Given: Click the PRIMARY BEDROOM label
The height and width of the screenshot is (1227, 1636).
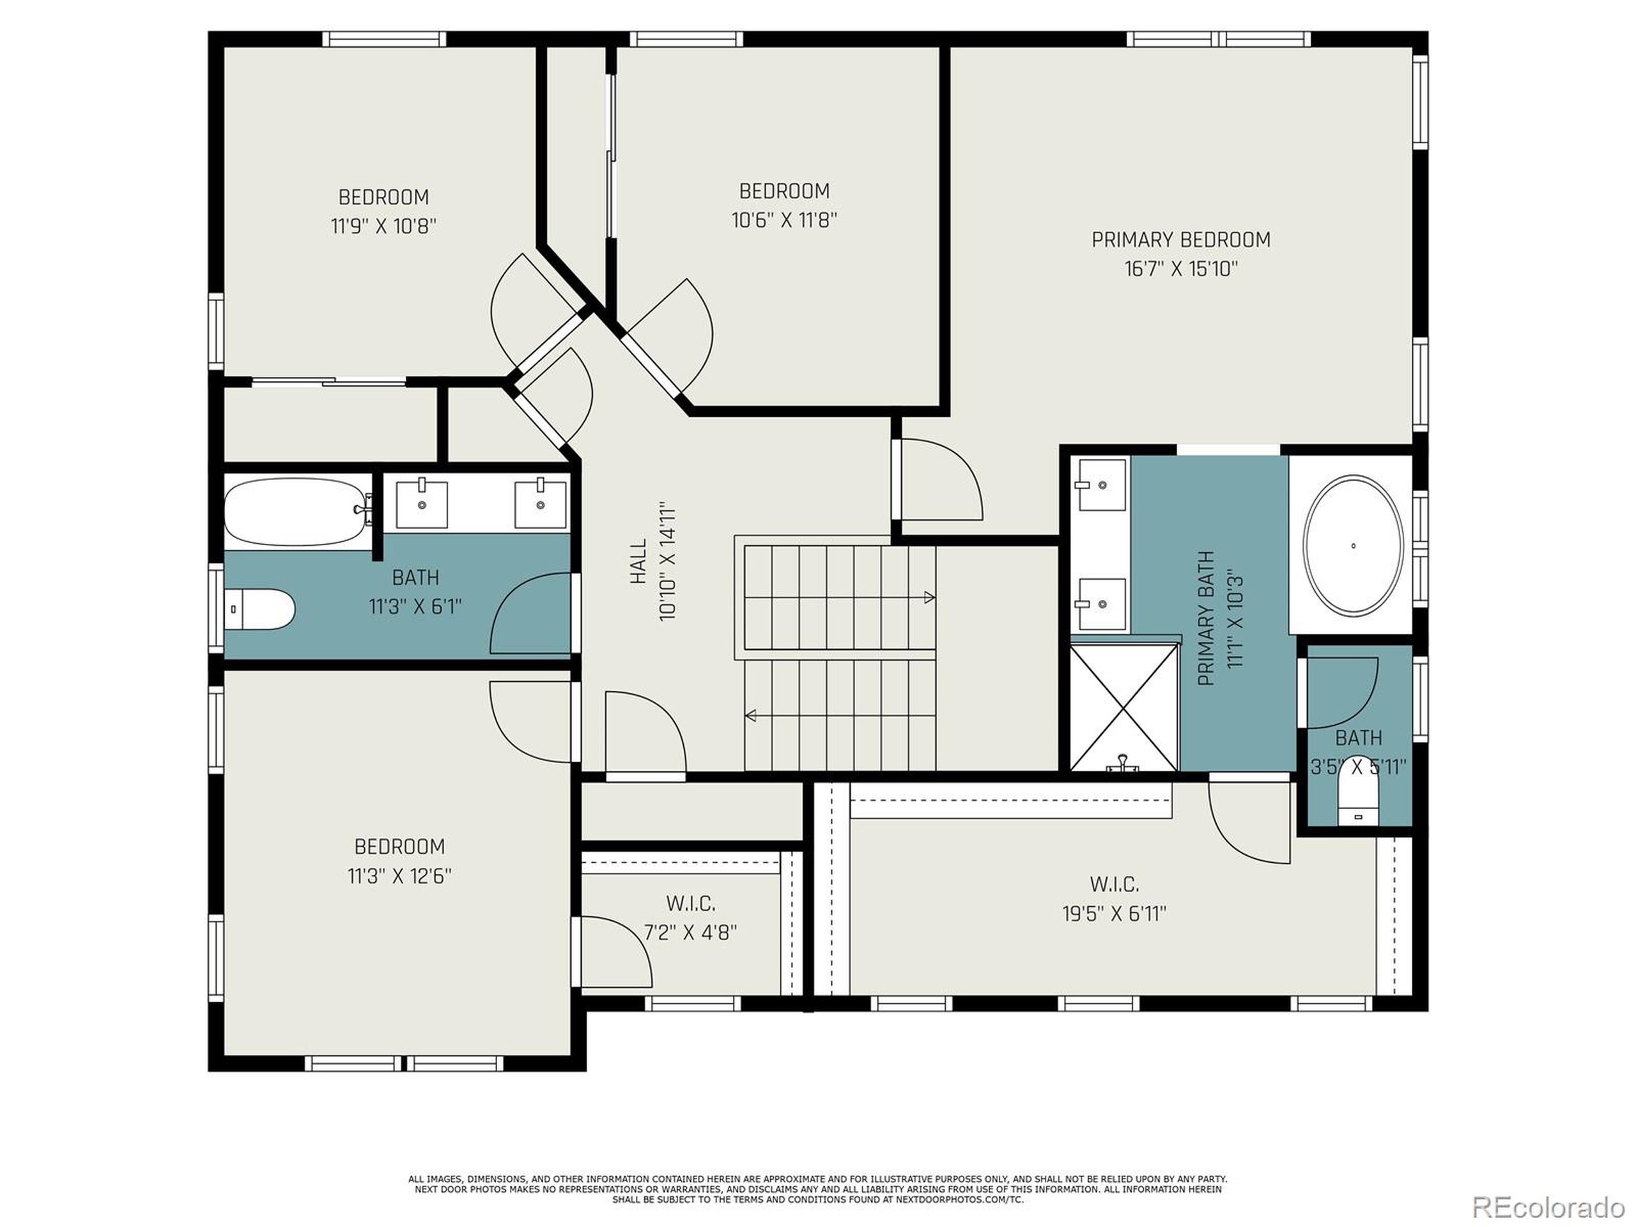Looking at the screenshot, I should coord(1180,240).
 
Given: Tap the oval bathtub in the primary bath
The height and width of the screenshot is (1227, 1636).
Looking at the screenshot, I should coord(1353,545).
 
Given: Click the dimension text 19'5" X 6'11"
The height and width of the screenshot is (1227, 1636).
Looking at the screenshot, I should coord(1114,914).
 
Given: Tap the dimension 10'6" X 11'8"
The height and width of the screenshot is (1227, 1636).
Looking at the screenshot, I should coord(784,220).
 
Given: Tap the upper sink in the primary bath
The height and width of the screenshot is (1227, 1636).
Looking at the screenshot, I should coord(1101,485).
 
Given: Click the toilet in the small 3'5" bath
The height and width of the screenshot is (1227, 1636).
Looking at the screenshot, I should coord(1359,801).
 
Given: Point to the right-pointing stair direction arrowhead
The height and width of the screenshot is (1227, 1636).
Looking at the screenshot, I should coord(930,597).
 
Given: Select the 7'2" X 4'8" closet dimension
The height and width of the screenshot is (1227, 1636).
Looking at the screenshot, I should coord(690,932).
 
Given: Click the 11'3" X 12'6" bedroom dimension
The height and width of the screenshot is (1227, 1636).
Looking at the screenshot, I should coord(399,876).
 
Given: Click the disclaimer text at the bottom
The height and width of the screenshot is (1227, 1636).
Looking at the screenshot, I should coord(817,1189).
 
